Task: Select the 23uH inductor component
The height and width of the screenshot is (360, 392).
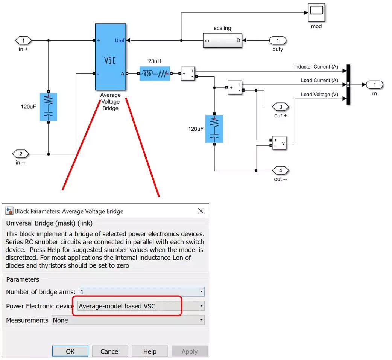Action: [154, 74]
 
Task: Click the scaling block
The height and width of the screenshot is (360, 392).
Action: [222, 40]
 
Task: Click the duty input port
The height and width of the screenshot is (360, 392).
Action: [278, 40]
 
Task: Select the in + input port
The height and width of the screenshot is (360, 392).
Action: [23, 40]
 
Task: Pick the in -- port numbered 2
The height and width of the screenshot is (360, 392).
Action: [21, 154]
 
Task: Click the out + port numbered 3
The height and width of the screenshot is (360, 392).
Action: [280, 107]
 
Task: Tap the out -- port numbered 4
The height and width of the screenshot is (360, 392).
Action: [280, 171]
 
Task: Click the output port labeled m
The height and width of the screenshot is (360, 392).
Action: [374, 85]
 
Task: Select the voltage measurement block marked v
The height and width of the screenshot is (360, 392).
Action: [279, 143]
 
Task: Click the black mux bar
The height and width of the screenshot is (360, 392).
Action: [348, 85]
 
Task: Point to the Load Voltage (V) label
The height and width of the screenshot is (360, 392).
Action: [319, 95]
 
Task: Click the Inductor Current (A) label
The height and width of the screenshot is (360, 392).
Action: [316, 67]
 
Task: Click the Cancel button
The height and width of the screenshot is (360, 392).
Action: [110, 351]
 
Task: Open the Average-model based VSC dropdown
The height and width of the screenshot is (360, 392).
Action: [141, 306]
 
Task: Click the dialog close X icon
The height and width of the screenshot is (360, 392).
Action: [201, 211]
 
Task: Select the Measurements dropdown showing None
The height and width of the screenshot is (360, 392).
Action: [128, 320]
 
